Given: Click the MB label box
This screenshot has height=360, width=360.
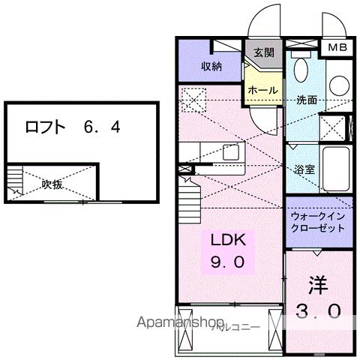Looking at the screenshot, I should [x=335, y=46].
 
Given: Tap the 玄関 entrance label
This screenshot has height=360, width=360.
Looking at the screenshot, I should [x=262, y=52].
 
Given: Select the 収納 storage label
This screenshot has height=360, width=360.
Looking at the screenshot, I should [x=211, y=66].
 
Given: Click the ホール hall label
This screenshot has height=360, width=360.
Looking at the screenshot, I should [x=262, y=90].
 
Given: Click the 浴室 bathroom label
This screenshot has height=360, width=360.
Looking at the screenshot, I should [x=304, y=169].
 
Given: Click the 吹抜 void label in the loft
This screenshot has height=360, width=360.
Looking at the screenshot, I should [x=52, y=184].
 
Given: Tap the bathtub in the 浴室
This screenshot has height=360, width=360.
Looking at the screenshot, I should [x=335, y=169].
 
